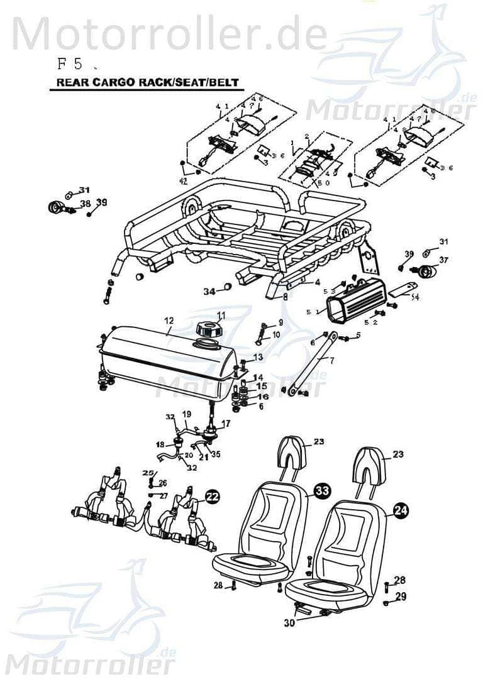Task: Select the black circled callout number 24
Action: (x=400, y=511)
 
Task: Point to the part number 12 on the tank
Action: (x=169, y=321)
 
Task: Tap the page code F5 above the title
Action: (x=70, y=63)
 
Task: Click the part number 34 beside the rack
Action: (x=209, y=291)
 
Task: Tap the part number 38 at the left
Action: (x=85, y=203)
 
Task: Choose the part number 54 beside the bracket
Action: (x=414, y=297)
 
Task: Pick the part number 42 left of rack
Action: (x=183, y=181)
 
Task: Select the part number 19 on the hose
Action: (x=186, y=414)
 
